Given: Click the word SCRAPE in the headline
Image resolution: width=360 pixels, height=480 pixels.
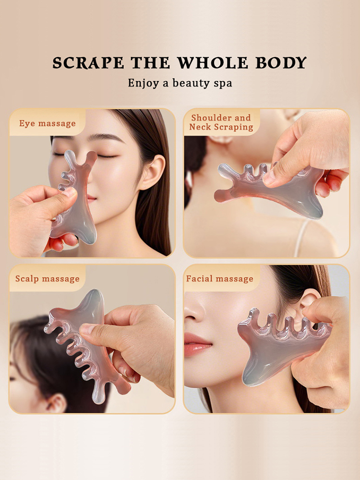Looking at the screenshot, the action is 88,62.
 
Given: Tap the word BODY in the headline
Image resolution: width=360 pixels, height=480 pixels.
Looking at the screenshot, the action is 281,62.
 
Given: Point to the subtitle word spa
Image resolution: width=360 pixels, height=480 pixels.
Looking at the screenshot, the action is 223,83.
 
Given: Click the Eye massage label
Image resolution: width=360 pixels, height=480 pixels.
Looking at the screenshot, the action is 48,123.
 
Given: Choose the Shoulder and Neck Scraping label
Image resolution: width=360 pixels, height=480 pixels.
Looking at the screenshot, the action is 221,122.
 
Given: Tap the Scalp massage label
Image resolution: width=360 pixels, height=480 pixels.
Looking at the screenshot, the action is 48,278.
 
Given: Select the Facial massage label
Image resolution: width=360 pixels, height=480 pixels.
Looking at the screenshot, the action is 220,278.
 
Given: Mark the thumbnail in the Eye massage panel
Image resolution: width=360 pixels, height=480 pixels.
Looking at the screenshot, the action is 70,192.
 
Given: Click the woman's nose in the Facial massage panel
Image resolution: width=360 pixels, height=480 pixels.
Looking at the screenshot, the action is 193,311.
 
